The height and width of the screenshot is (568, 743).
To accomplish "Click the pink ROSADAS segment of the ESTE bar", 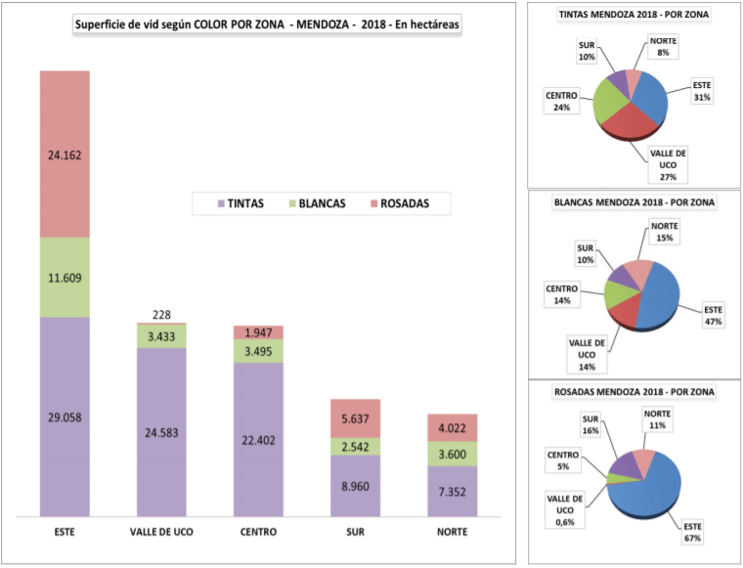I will coord(65,153).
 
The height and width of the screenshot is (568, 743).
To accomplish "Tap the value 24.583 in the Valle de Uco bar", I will coord(161,432).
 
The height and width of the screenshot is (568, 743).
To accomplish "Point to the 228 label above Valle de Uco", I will coord(161,314).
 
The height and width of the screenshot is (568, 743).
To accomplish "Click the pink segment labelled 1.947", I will coord(258,332).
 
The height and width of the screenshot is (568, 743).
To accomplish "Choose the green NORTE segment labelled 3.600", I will coord(452,455).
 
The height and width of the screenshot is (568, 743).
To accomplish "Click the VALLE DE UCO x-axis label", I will coord(161,532).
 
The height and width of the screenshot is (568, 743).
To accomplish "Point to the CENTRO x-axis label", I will coord(258,532).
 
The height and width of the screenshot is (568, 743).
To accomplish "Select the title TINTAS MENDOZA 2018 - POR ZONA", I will coord(634,16).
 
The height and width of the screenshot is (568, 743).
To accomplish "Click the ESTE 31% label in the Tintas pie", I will coord(702,91).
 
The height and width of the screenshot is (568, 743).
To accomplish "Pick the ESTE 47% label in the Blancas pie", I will coord(712,316).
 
